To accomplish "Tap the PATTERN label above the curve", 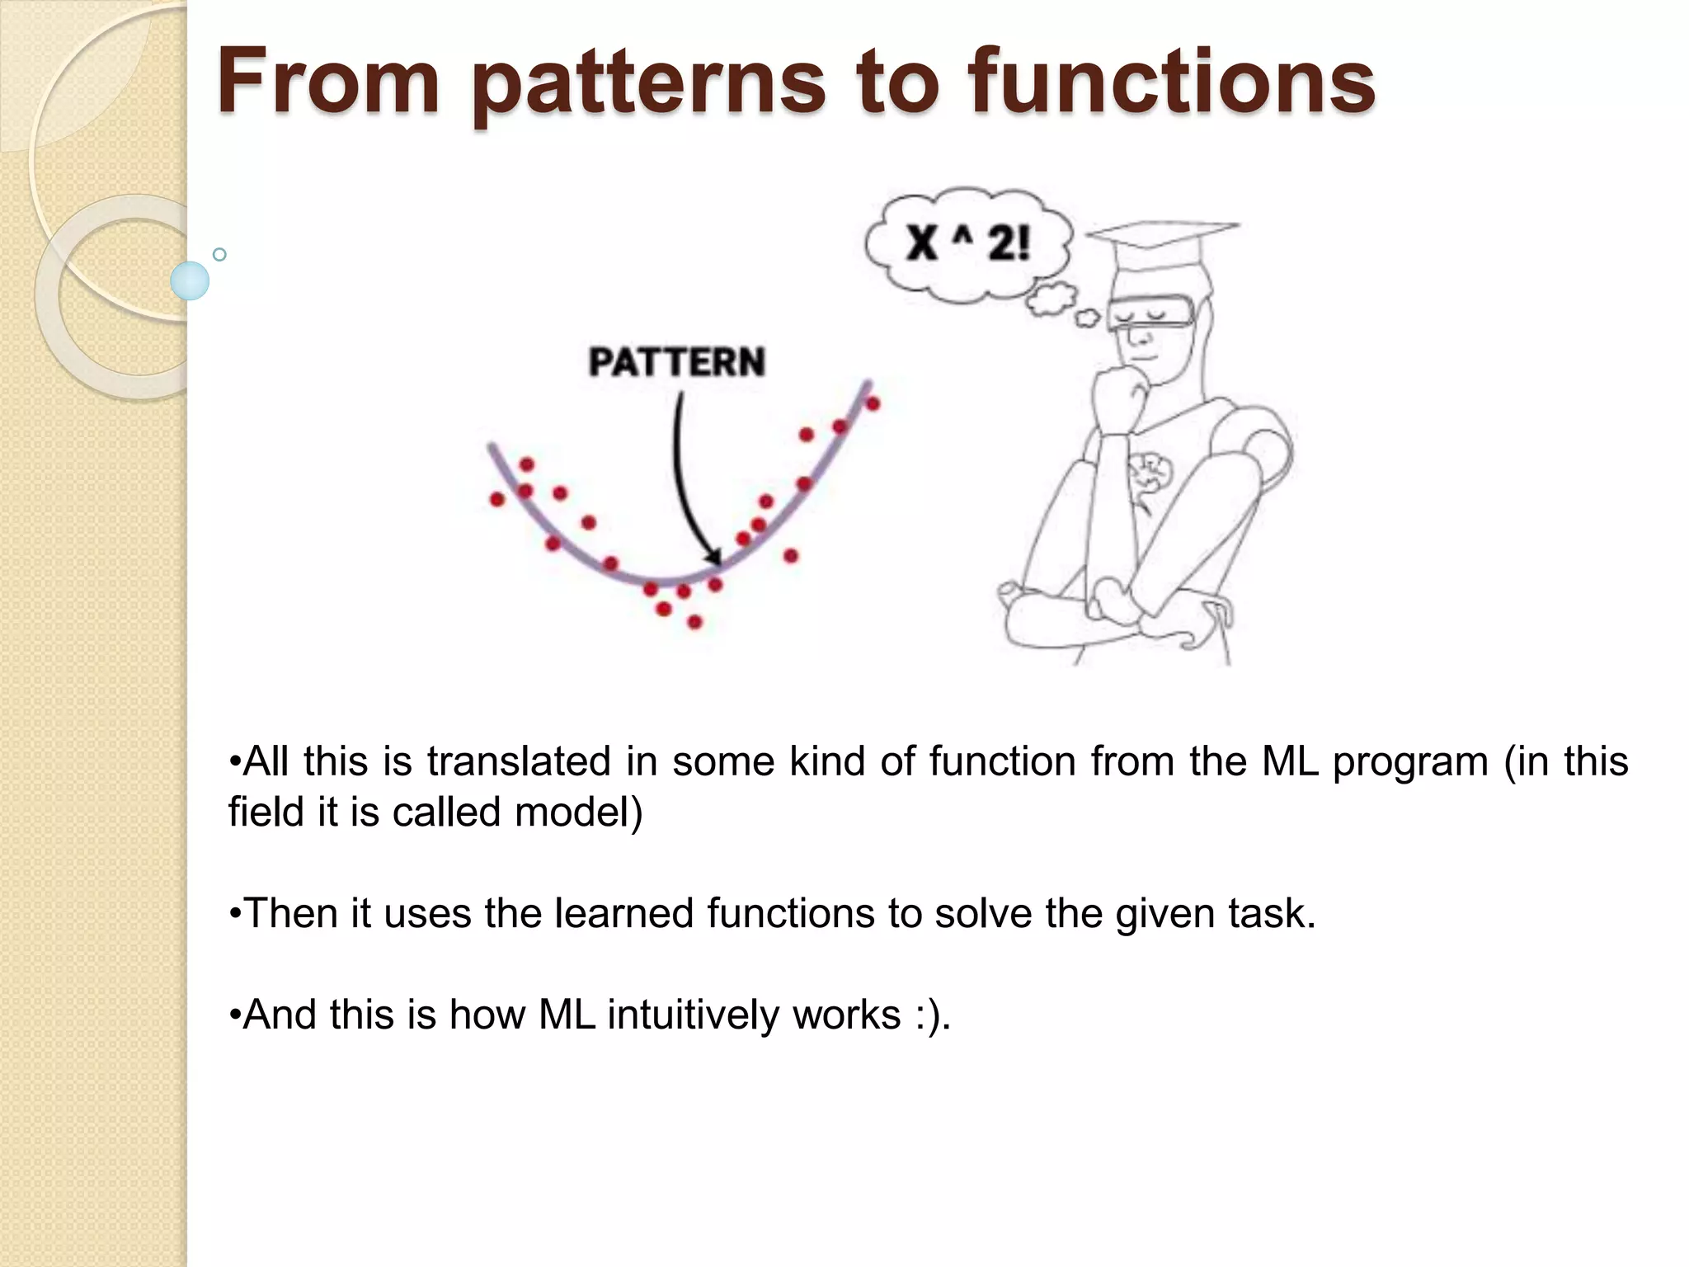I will tap(676, 362).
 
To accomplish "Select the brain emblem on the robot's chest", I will tap(1151, 475).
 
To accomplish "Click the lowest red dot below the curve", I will tap(694, 621).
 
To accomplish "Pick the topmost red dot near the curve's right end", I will tap(873, 403).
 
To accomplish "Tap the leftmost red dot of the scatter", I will tap(497, 499).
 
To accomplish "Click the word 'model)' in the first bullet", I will tap(578, 812).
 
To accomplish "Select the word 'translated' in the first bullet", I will tap(519, 761).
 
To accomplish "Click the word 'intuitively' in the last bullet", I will tap(692, 1015).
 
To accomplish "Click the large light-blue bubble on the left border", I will tap(190, 280).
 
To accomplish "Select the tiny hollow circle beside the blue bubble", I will tap(219, 254).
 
